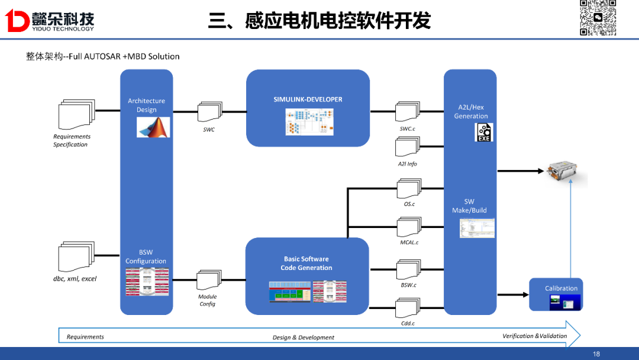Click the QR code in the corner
click(x=598, y=18)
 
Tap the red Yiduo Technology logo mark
click(x=17, y=21)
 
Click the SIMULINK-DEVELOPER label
click(x=308, y=99)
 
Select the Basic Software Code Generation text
click(x=306, y=263)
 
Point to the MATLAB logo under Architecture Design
click(x=153, y=127)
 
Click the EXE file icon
click(x=484, y=132)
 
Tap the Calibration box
click(x=556, y=294)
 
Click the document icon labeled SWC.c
click(x=407, y=112)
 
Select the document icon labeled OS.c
click(x=408, y=189)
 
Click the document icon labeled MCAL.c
click(x=408, y=228)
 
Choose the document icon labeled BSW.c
click(x=408, y=270)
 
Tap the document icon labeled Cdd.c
click(x=408, y=308)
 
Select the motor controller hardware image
click(x=566, y=172)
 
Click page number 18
click(x=596, y=354)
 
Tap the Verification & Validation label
click(x=534, y=336)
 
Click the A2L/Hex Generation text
click(x=471, y=111)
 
